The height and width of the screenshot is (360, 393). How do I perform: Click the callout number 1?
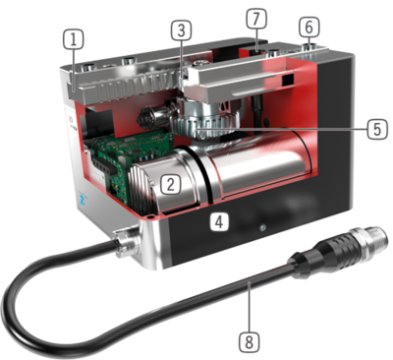pyautogui.click(x=74, y=39)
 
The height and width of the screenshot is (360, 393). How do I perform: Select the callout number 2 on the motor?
pyautogui.click(x=171, y=184)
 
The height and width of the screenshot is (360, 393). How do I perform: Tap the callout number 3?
pyautogui.click(x=181, y=30)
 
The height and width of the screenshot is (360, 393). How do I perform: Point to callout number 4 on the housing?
pyautogui.click(x=219, y=221)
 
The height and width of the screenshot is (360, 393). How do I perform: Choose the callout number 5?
pyautogui.click(x=377, y=129)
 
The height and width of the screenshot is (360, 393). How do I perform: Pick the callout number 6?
pyautogui.click(x=309, y=27)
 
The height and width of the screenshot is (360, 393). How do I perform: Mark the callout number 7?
pyautogui.click(x=256, y=19)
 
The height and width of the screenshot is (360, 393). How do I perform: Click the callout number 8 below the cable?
pyautogui.click(x=249, y=342)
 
